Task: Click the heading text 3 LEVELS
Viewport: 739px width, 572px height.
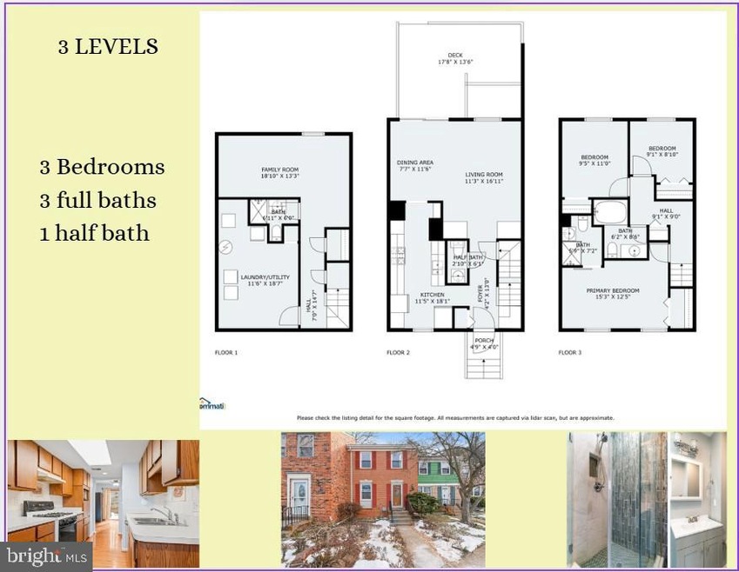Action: click(108, 48)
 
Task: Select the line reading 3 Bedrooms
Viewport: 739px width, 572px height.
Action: click(102, 167)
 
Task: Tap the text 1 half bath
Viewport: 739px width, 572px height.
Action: click(94, 234)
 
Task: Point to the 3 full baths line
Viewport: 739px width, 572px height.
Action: click(97, 201)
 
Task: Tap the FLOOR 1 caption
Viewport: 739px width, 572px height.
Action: click(226, 354)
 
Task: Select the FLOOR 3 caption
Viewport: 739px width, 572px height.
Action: click(570, 354)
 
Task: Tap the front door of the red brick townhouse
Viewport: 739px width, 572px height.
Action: click(397, 495)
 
